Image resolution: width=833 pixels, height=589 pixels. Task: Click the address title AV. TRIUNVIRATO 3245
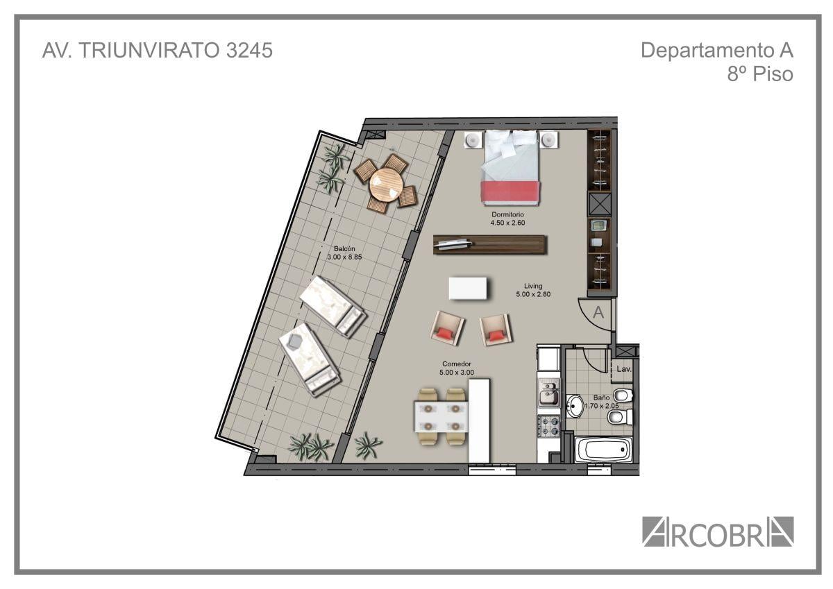[158, 50]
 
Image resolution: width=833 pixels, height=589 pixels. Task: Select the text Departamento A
[717, 50]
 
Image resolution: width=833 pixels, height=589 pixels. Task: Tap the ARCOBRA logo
[718, 531]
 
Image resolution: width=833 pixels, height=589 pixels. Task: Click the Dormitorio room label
[507, 214]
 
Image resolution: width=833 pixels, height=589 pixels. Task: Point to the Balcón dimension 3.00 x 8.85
[344, 257]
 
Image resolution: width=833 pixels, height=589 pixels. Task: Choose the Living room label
[533, 286]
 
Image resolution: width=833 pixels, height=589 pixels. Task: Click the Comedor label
[457, 364]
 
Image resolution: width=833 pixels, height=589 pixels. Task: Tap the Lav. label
[623, 369]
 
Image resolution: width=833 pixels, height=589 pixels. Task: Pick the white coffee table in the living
[468, 288]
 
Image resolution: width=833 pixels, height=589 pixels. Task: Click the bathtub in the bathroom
[603, 450]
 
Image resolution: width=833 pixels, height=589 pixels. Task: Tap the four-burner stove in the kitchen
[548, 426]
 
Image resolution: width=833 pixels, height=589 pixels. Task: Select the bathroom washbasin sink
[575, 406]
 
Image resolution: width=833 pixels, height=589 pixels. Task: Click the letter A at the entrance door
[598, 312]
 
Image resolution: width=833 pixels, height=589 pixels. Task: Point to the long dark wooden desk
[490, 244]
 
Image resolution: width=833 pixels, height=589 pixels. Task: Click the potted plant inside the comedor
[367, 445]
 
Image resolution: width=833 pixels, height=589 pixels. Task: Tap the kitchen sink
[548, 393]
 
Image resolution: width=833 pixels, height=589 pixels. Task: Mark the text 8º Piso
[760, 74]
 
